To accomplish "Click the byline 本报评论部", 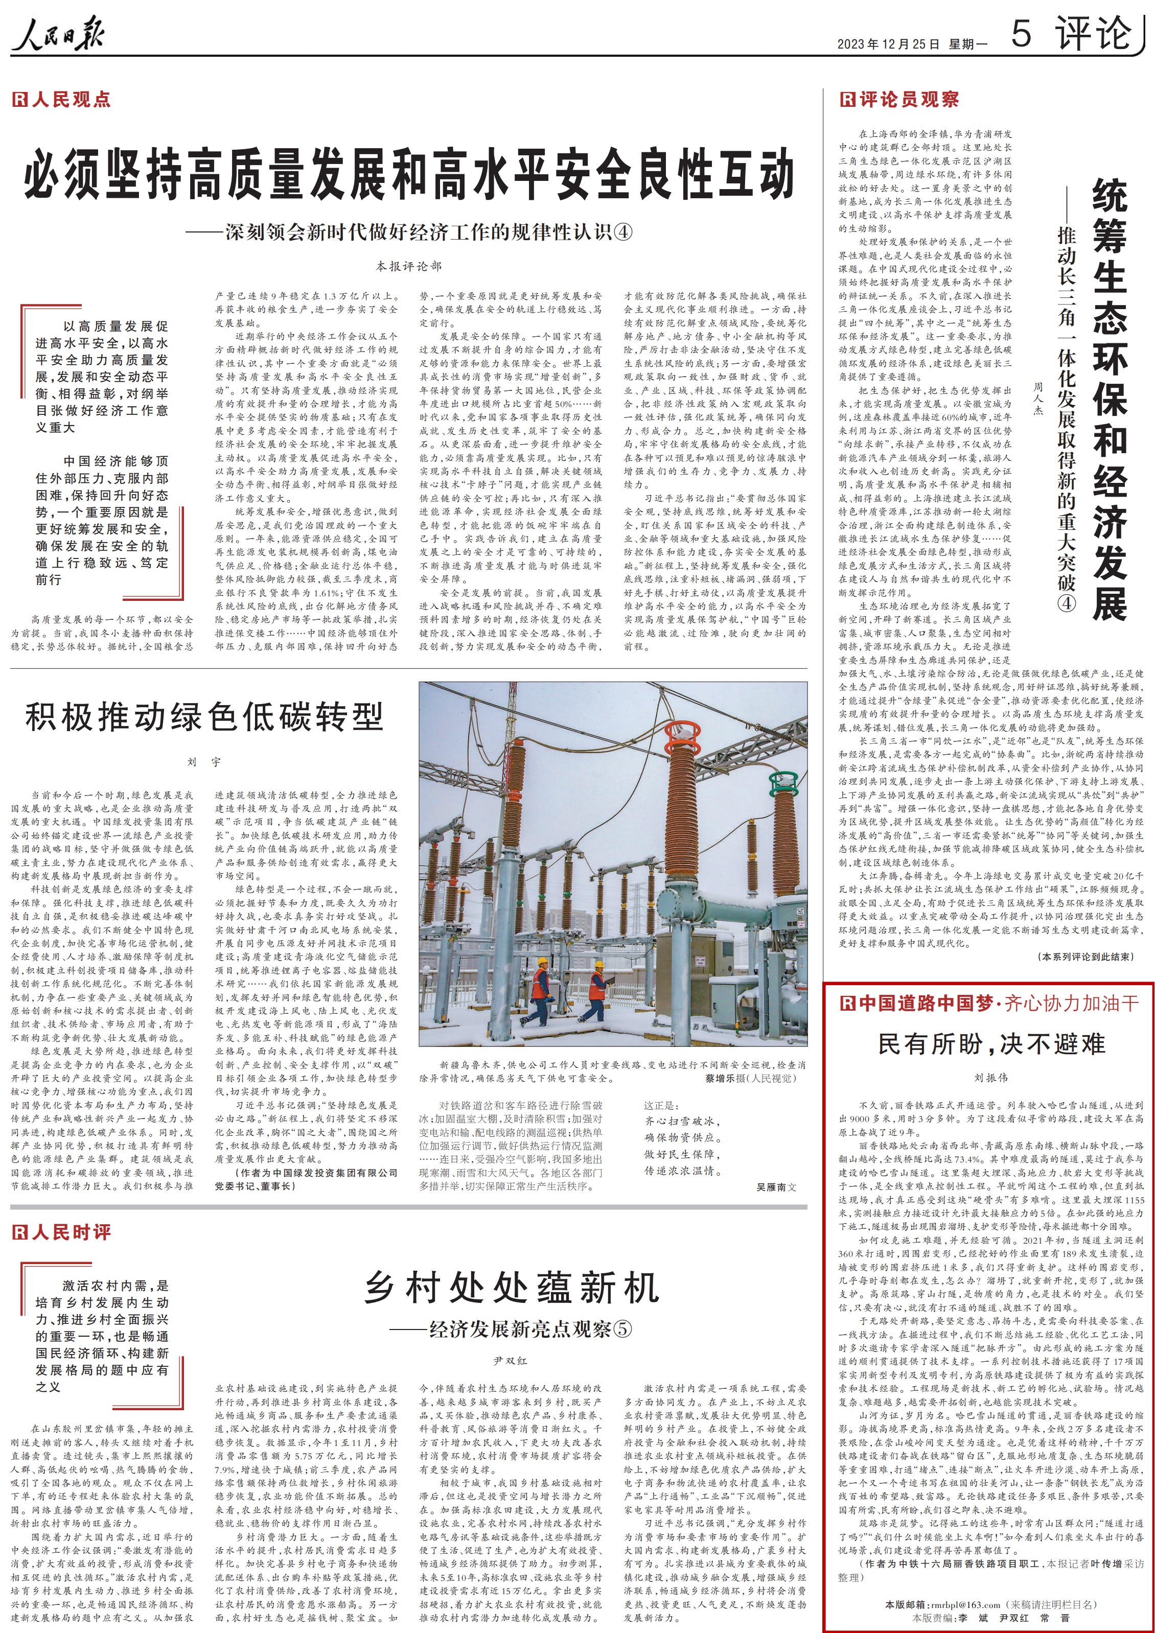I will (x=409, y=266).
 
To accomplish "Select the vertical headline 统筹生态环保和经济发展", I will (x=1110, y=399).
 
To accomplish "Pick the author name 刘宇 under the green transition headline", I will (x=204, y=762).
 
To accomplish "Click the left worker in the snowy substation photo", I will (x=541, y=989).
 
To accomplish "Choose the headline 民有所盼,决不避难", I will (x=991, y=1044).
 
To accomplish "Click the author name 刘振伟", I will (x=991, y=1078).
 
